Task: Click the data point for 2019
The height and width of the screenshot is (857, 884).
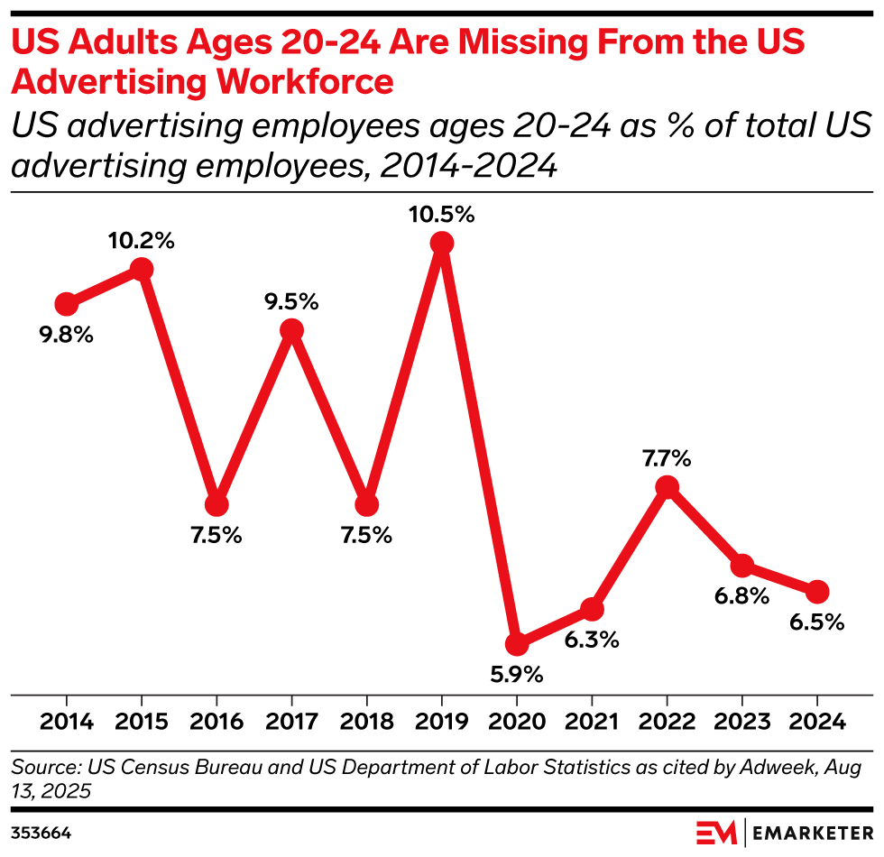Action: point(441,243)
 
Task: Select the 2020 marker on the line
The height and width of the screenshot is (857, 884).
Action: point(516,643)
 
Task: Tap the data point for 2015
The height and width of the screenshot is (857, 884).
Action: point(141,269)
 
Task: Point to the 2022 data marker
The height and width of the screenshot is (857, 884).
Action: point(667,487)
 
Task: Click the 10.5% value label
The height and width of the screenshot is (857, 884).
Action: point(441,216)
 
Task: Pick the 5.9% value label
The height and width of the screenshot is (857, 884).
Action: point(516,674)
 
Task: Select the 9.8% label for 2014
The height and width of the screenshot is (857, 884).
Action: point(66,335)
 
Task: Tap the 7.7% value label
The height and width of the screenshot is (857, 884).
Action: point(667,459)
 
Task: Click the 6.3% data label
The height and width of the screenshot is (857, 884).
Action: point(592,640)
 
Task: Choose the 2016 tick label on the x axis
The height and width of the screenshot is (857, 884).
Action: point(216,723)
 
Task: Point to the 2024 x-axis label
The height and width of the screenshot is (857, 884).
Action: point(816,723)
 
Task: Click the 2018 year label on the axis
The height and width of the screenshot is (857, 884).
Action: point(366,723)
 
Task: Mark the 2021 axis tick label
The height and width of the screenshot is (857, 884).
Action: point(592,723)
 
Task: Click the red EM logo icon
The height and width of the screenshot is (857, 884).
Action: point(717,830)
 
